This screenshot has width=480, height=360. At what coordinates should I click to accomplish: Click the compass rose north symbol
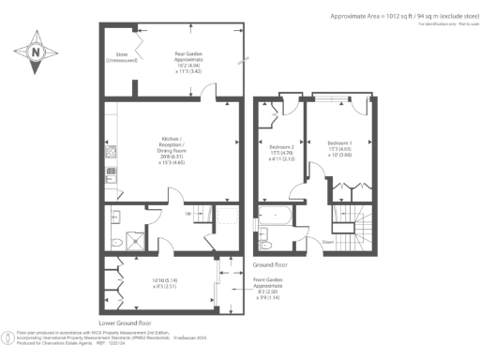pyautogui.click(x=35, y=53)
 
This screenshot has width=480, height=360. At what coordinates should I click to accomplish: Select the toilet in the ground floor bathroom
pyautogui.click(x=266, y=246)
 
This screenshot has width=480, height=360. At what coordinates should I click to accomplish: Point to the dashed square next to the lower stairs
pyautogui.click(x=226, y=219)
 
